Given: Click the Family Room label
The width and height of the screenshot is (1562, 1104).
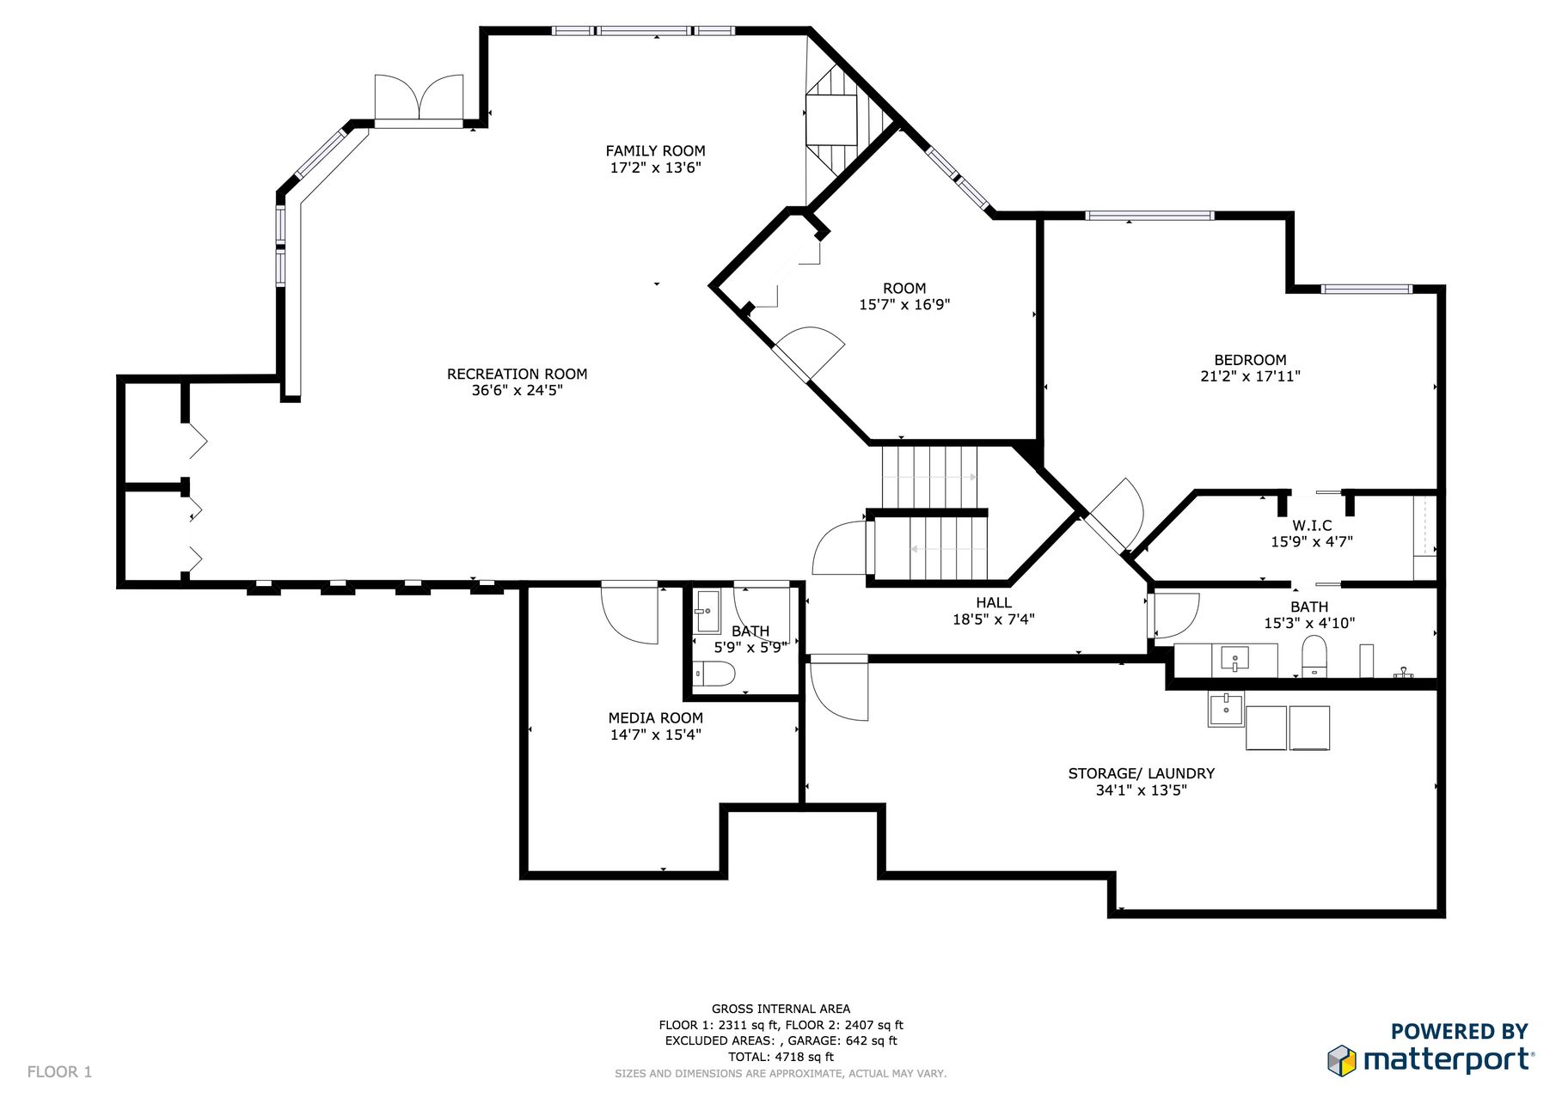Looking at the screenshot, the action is coord(655,151).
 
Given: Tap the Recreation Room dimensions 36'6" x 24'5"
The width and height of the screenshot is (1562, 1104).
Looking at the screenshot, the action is coord(517,390).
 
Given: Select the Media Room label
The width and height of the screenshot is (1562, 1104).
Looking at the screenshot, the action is coord(655,718).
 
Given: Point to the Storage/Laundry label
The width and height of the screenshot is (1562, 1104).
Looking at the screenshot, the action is coord(1141,773).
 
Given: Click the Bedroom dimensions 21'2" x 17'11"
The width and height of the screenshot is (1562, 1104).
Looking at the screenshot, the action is coord(1250,376).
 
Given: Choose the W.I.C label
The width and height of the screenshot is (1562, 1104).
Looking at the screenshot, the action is coord(1312,526).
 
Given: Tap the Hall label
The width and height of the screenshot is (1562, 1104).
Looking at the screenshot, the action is coord(994,603).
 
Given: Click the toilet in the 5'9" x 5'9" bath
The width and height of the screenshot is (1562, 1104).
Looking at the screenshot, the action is coord(714,674).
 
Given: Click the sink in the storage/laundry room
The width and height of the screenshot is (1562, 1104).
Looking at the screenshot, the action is coord(1226,710).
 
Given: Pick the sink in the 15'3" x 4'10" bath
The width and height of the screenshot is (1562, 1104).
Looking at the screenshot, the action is coord(1234,660).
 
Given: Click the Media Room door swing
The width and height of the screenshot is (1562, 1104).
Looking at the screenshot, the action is coord(629,613).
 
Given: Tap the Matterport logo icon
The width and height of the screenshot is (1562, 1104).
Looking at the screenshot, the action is coord(1341,1060).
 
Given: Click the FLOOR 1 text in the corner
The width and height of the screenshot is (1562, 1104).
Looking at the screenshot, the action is coord(59,1072).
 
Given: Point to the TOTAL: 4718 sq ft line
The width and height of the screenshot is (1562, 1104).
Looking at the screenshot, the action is coord(781,1057).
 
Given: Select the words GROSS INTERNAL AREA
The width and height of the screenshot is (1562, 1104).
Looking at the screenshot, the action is coord(781,1009).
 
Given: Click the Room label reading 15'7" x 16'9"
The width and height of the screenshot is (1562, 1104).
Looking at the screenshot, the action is coord(904,296).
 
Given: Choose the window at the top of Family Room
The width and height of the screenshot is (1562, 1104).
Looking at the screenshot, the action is coord(643,31).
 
